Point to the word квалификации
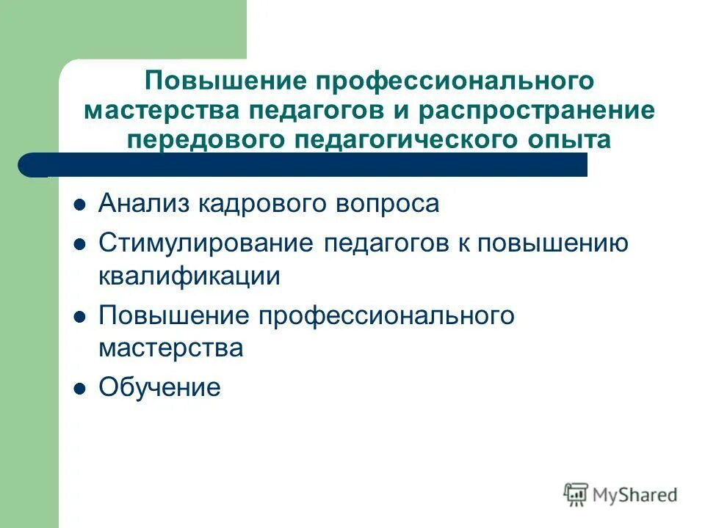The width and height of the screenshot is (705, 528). click(x=189, y=276)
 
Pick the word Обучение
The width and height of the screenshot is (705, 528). click(x=159, y=387)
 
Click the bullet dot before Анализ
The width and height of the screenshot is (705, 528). click(x=81, y=205)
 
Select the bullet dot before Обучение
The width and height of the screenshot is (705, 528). click(x=81, y=388)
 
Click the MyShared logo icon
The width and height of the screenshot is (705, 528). click(x=576, y=494)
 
